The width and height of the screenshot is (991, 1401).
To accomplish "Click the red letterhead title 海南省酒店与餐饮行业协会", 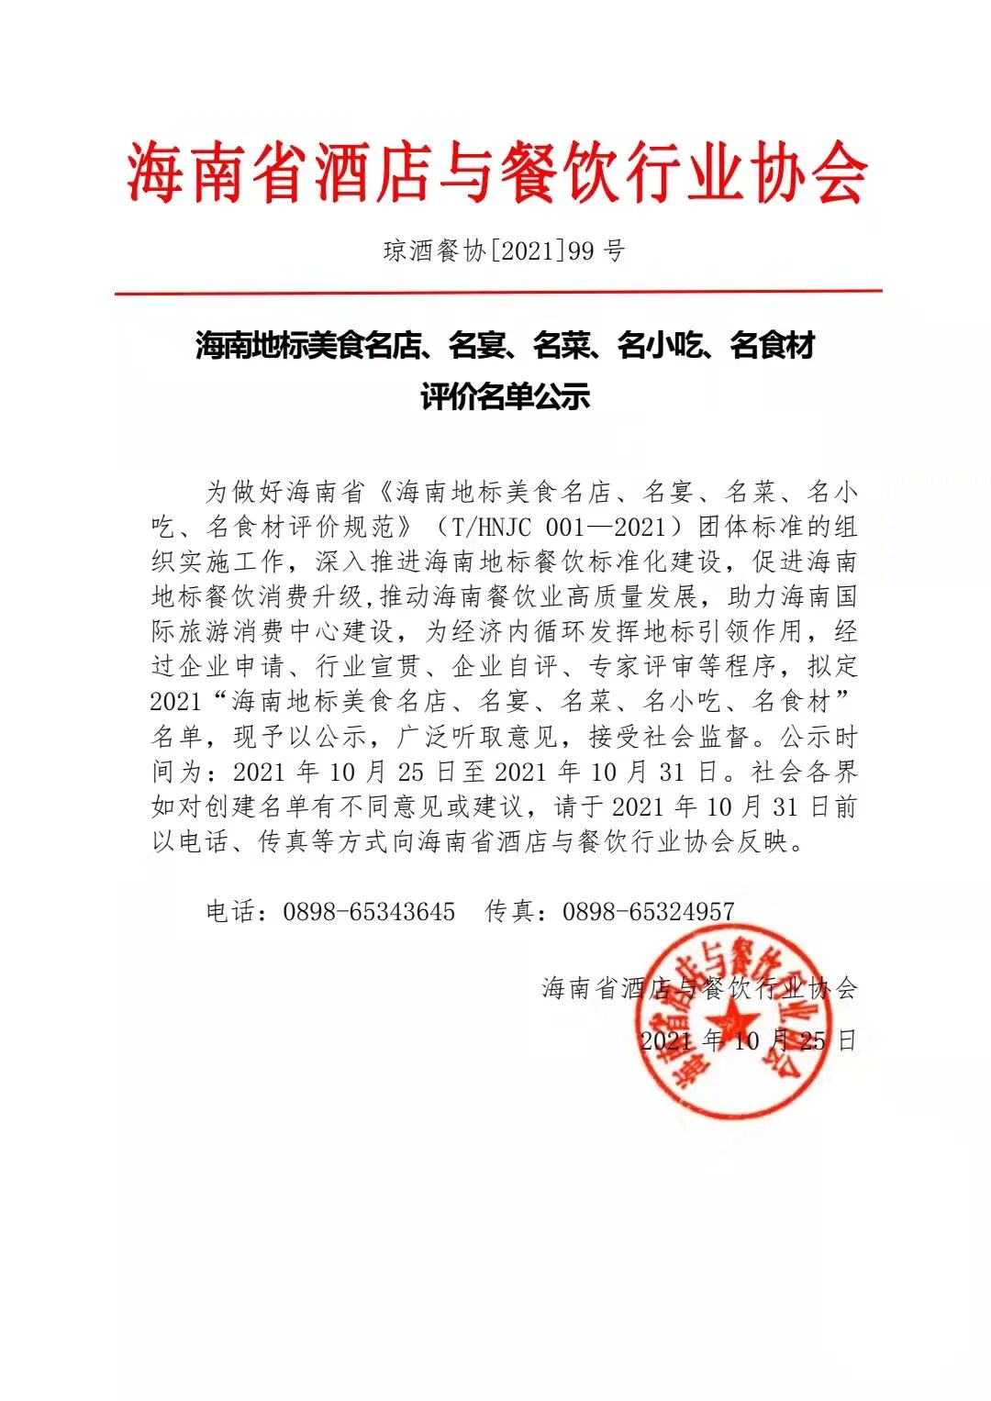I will pos(496,173).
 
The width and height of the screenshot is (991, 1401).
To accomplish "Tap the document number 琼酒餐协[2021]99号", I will pos(504,250).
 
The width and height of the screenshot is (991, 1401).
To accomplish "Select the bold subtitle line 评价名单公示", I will pos(505,397).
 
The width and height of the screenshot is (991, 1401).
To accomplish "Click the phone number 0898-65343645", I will pos(369,911).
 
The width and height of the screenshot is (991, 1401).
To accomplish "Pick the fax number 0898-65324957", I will pos(648,911).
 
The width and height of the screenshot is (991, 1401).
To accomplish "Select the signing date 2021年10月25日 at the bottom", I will pos(748,1040).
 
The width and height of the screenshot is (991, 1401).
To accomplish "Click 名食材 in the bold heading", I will pos(773,347).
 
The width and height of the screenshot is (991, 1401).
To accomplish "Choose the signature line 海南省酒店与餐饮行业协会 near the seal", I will pos(699,988).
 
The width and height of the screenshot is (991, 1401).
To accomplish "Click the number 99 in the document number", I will pos(581,250).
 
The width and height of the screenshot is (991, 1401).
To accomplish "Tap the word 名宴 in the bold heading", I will pos(477,347).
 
